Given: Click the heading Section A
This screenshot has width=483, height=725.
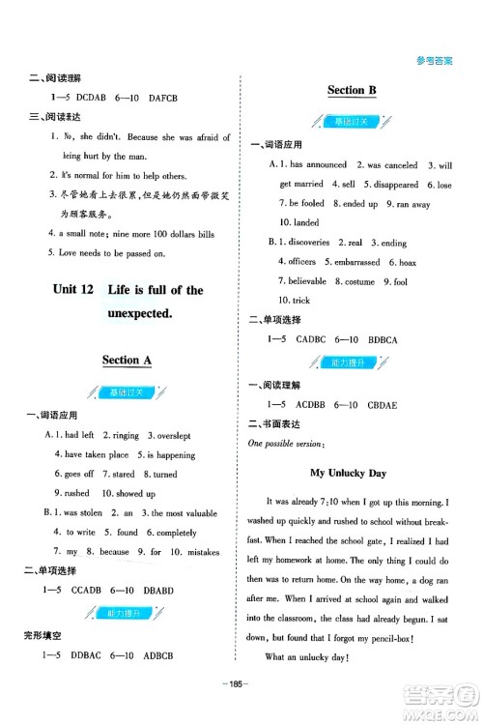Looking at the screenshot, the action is click(128, 360).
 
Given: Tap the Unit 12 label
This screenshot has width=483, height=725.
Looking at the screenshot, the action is click(71, 290).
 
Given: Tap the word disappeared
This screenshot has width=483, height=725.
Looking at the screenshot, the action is click(389, 185).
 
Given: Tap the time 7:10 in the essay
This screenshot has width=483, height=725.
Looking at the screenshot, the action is click(336, 501).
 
